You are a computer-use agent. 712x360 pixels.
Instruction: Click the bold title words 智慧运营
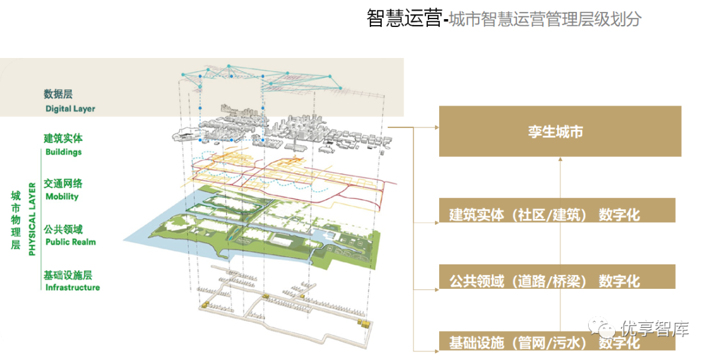click(403, 18)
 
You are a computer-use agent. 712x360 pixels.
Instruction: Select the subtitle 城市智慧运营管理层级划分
click(545, 19)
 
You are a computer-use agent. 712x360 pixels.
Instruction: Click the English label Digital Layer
click(70, 109)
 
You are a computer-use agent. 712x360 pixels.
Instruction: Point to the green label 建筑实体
click(63, 138)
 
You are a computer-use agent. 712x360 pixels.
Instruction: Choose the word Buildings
click(63, 152)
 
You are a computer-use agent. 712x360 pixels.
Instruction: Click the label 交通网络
click(63, 183)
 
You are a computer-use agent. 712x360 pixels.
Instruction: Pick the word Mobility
click(61, 196)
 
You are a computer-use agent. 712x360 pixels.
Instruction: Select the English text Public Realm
click(70, 242)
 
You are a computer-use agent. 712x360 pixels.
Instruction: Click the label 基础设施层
click(67, 274)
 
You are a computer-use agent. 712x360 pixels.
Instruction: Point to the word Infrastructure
click(73, 287)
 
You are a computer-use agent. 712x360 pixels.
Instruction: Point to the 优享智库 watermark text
click(654, 328)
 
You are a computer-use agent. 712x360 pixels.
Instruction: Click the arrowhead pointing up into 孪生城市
click(559, 160)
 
